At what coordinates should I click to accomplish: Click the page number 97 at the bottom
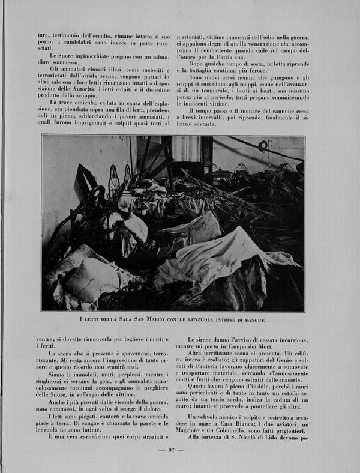171,450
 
